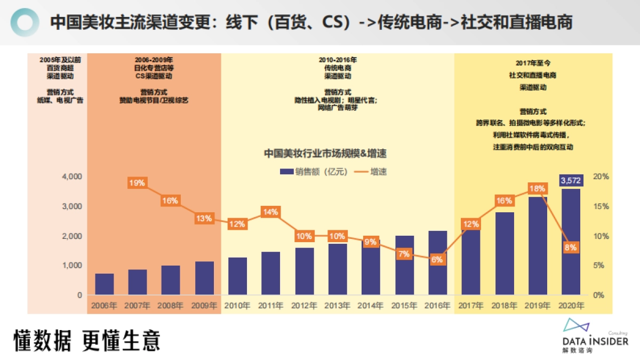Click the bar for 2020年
pyautogui.click(x=571, y=245)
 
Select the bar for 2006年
pyautogui.click(x=105, y=284)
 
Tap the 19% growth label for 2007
pyautogui.click(x=137, y=183)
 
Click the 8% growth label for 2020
pyautogui.click(x=571, y=247)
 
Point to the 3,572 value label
pyautogui.click(x=571, y=181)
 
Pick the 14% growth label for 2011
pyautogui.click(x=270, y=212)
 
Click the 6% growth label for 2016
pyautogui.click(x=437, y=260)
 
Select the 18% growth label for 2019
pyautogui.click(x=537, y=189)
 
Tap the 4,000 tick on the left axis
pyautogui.click(x=72, y=177)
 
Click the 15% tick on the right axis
pyautogui.click(x=602, y=206)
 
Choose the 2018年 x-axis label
pyautogui.click(x=504, y=306)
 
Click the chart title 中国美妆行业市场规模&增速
pyautogui.click(x=325, y=154)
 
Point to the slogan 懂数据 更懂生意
pyautogui.click(x=86, y=341)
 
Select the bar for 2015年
pyautogui.click(x=404, y=265)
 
